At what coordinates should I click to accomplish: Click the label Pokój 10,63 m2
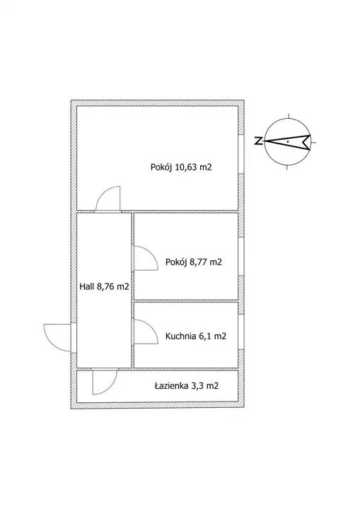pos(181,168)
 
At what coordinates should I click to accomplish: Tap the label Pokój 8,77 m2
pos(194,262)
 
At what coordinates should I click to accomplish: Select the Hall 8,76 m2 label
pos(104,286)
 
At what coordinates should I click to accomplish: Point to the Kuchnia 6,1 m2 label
pos(196,337)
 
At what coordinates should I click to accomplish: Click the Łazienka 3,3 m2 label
pos(187,386)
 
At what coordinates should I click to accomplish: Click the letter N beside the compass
pos(259,141)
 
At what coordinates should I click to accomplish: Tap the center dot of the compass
pos(288,141)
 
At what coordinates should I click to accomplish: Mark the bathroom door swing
pos(110,388)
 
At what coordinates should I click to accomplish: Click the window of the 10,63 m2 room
pos(241,154)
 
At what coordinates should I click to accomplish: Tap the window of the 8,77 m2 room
pos(241,257)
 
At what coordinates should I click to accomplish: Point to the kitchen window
pos(241,332)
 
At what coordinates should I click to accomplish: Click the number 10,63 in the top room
pos(186,168)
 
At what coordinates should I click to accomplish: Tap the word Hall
pos(86,286)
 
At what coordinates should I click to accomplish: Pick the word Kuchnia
pos(180,337)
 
